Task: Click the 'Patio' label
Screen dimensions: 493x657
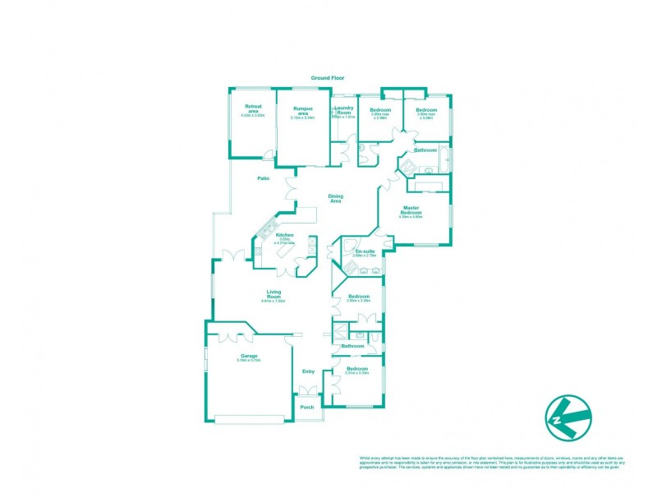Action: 264,178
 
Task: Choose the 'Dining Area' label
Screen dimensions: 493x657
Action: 335,198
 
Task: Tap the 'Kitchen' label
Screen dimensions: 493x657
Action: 285,235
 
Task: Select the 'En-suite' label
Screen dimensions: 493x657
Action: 364,251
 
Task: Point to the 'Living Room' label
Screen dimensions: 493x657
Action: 274,293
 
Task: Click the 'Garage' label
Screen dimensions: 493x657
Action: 248,356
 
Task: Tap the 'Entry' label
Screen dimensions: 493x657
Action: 308,371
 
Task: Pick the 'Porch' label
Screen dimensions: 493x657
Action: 308,408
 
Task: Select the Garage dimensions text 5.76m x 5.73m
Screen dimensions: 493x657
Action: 248,362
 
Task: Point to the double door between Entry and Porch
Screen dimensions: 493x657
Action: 308,390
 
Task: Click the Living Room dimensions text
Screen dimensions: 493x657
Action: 274,302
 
